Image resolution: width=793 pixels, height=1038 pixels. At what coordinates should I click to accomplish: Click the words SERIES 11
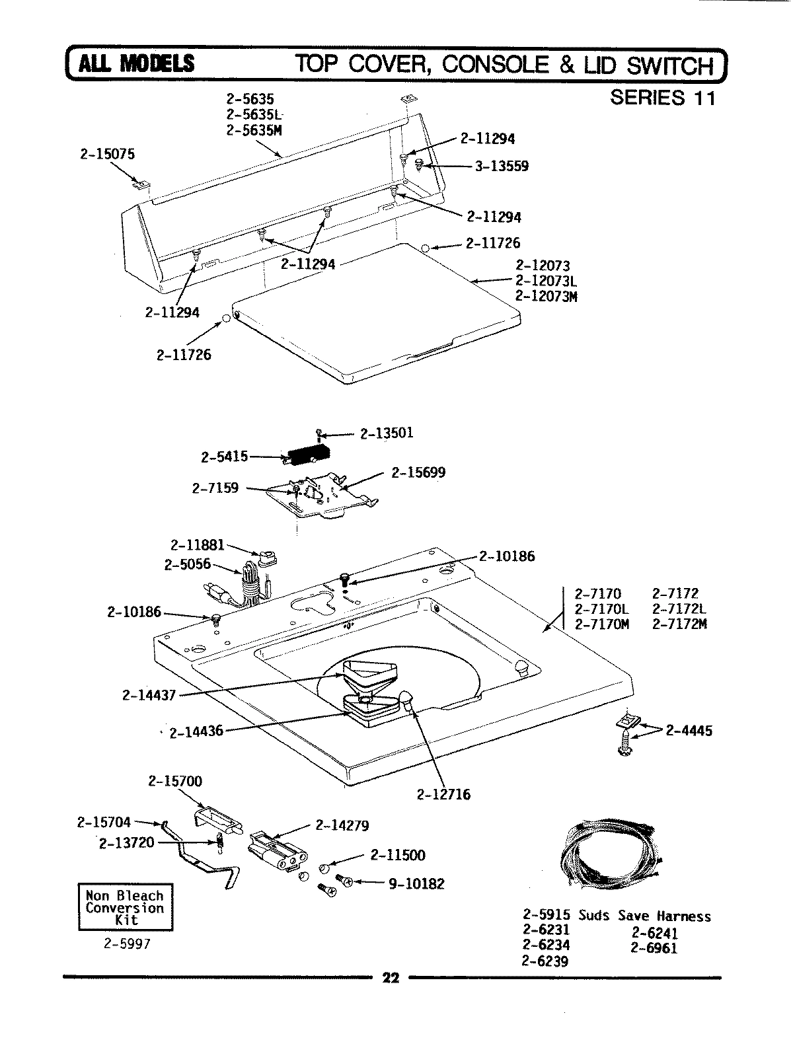tap(662, 98)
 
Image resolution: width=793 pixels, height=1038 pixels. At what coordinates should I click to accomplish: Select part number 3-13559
tap(502, 167)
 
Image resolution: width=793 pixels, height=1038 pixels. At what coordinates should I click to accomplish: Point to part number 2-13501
tap(387, 433)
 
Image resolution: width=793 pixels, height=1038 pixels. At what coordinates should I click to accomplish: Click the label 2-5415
tap(224, 457)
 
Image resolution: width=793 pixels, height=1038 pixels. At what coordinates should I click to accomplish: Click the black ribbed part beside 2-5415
tap(308, 455)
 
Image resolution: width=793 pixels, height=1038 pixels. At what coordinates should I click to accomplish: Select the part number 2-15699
tap(418, 472)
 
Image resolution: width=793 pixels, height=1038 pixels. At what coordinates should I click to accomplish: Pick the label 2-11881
tap(198, 546)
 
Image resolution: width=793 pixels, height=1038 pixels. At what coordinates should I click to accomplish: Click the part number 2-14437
tap(149, 694)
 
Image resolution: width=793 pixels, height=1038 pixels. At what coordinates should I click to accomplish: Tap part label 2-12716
tap(444, 794)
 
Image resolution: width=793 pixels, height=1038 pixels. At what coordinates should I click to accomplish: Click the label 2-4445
tap(689, 731)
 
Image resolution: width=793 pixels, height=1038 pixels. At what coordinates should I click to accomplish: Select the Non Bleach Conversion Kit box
tap(125, 908)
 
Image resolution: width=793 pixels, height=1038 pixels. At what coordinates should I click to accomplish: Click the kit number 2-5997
tap(127, 944)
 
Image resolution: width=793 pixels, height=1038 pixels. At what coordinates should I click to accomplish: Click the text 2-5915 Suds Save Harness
tap(617, 916)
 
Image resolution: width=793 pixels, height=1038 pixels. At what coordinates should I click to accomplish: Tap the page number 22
tap(391, 979)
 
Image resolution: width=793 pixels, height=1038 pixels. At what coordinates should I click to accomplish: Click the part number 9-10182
tap(416, 883)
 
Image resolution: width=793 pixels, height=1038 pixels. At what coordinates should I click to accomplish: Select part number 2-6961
tap(654, 948)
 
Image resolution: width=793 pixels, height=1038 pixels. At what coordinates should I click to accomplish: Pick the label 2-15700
tap(175, 781)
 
